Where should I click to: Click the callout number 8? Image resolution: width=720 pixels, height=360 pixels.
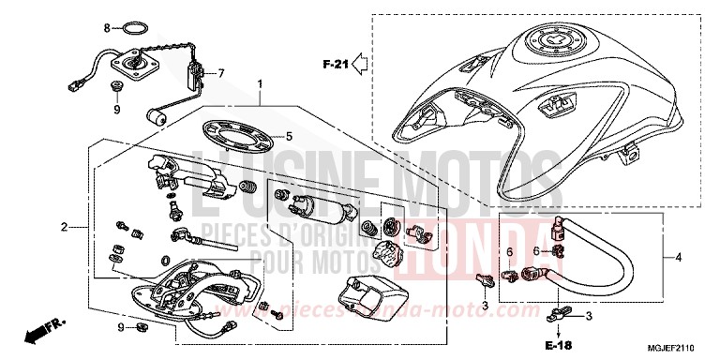[x=107, y=26]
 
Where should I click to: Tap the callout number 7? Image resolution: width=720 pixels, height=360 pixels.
[x=222, y=73]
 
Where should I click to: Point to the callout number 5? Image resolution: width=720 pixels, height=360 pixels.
[x=289, y=137]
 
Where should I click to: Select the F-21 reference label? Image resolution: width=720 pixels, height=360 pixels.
[x=335, y=65]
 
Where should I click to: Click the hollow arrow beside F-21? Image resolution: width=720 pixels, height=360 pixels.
[x=360, y=65]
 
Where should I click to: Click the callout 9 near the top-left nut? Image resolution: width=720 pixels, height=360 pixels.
[x=118, y=110]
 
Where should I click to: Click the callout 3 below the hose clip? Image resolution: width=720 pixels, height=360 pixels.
[x=485, y=307]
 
